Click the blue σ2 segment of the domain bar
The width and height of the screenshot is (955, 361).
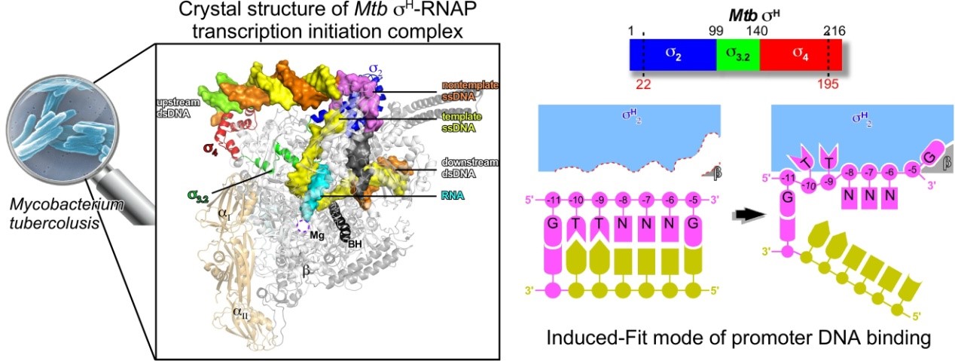click(672, 56)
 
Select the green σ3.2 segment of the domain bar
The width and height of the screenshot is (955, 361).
click(737, 56)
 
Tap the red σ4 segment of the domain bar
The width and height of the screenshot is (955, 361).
click(800, 56)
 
